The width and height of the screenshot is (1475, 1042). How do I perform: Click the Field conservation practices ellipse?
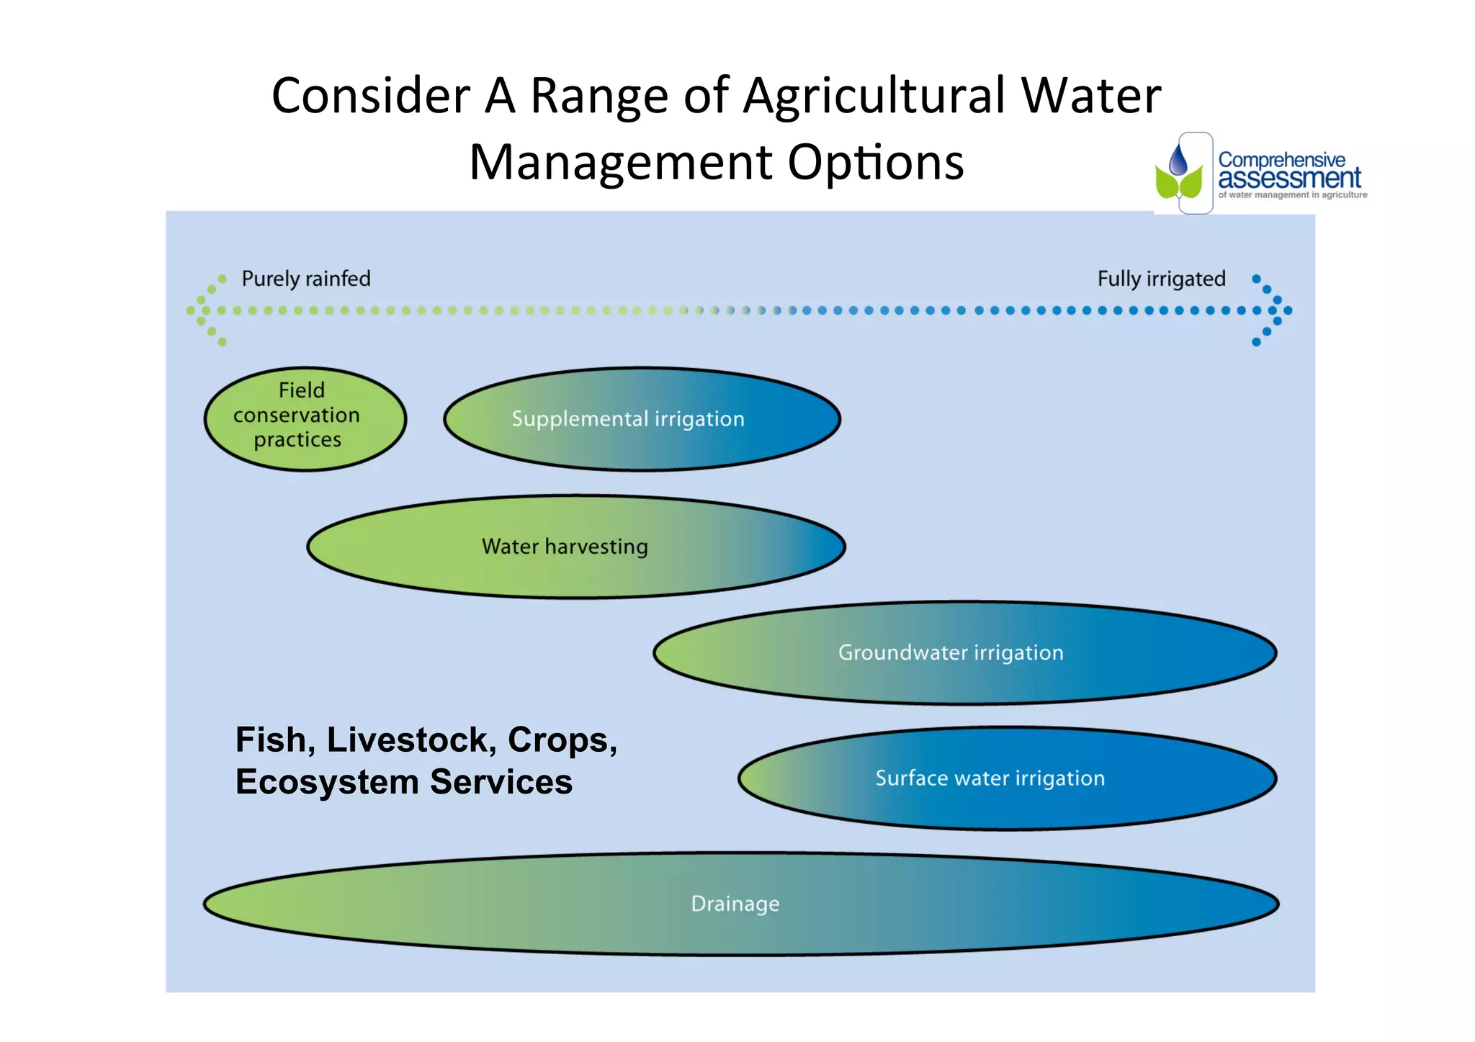pos(305,418)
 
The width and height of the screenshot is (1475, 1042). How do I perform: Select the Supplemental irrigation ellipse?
pos(642,419)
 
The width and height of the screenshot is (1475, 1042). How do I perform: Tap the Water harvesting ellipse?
pos(575,547)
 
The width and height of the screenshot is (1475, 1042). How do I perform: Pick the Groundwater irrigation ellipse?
pos(964,652)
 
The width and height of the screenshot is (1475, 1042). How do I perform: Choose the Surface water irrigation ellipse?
pos(1007,778)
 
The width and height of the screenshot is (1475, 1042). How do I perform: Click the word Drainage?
pos(735,904)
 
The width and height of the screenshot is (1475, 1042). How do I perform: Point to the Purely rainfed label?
pos(305,279)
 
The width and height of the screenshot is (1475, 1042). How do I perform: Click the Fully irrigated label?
pos(1161,279)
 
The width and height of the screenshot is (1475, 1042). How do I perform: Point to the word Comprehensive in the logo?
pos(1281,159)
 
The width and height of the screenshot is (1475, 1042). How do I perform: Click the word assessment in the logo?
pos(1289,178)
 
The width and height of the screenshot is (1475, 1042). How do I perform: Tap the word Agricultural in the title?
pos(874,96)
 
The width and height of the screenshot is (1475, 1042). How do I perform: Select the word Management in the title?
pos(621,162)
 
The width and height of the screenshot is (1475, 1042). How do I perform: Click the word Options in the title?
pos(875,163)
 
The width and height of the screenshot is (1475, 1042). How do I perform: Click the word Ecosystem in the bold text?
pos(327,782)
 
